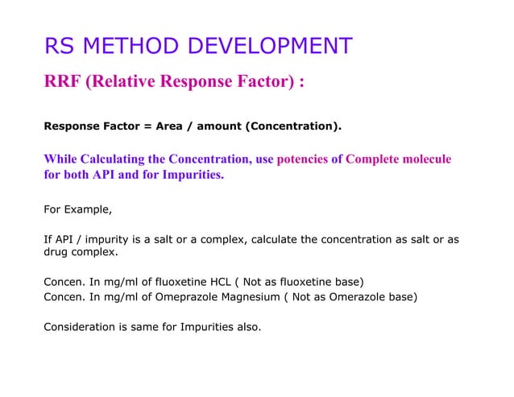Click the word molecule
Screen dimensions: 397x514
(425, 159)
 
